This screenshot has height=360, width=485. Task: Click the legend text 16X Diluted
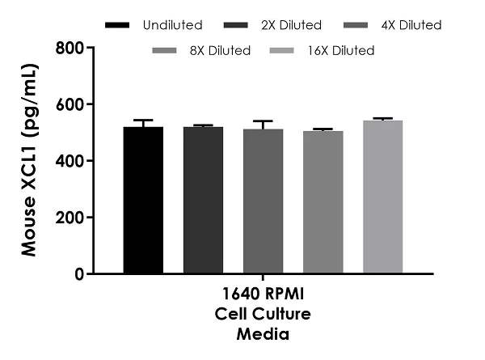(340, 51)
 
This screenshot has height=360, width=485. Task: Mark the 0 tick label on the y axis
(78, 275)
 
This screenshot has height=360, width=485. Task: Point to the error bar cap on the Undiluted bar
(143, 121)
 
